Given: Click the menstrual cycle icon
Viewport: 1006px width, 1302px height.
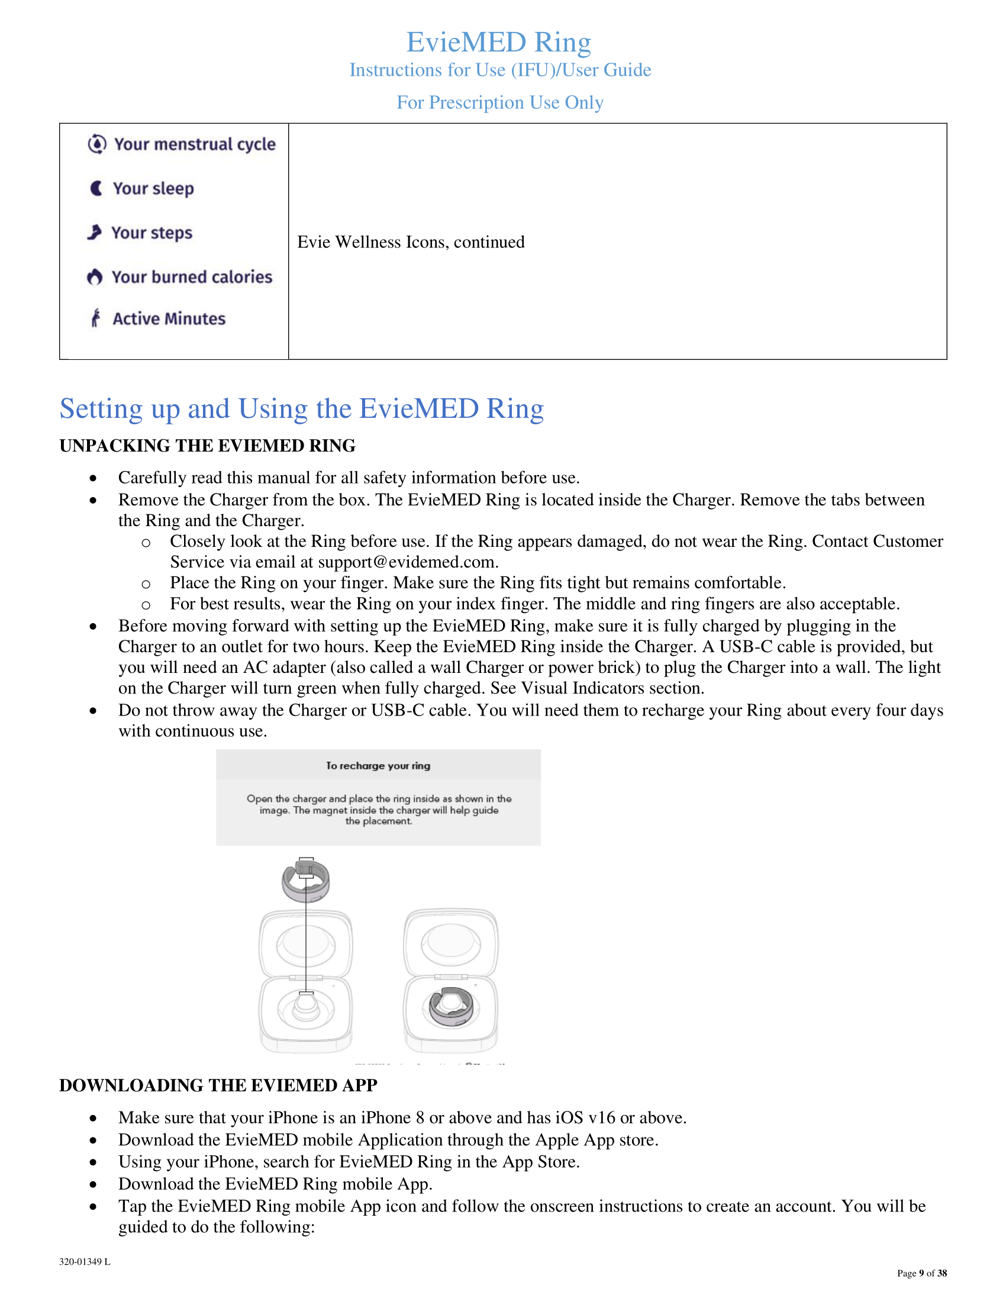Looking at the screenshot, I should pyautogui.click(x=97, y=144).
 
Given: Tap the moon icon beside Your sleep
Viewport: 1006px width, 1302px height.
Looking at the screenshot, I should pyautogui.click(x=96, y=188).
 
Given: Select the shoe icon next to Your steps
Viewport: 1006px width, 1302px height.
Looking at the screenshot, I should pyautogui.click(x=94, y=232).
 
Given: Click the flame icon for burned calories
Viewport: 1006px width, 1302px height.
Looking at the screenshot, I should pyautogui.click(x=95, y=276).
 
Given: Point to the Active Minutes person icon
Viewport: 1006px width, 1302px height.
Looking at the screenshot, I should pyautogui.click(x=95, y=318).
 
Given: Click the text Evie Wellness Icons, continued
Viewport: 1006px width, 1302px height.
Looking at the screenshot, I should pyautogui.click(x=411, y=242).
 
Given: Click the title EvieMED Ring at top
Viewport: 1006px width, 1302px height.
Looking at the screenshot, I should pyautogui.click(x=499, y=43).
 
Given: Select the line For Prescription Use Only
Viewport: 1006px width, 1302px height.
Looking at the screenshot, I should pyautogui.click(x=500, y=102).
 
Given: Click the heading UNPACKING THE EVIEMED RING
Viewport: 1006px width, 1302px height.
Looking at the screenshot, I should pyautogui.click(x=207, y=445).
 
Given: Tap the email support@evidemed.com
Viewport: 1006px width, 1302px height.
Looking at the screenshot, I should pyautogui.click(x=407, y=562).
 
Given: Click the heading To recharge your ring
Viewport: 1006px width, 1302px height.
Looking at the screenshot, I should pyautogui.click(x=378, y=765).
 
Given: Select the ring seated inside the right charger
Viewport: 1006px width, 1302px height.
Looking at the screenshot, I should pyautogui.click(x=451, y=1006).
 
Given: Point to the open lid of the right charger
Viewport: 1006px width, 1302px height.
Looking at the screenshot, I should pyautogui.click(x=450, y=942).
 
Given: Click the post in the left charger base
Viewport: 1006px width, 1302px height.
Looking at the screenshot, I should pyautogui.click(x=306, y=1004).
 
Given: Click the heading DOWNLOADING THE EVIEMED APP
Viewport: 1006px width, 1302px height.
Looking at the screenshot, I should pyautogui.click(x=218, y=1085).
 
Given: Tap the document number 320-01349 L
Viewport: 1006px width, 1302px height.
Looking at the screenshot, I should pyautogui.click(x=85, y=1262).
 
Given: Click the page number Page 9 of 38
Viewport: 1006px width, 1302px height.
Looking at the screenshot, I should pyautogui.click(x=921, y=1274).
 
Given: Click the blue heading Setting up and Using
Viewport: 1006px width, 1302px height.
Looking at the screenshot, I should pyautogui.click(x=301, y=409).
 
